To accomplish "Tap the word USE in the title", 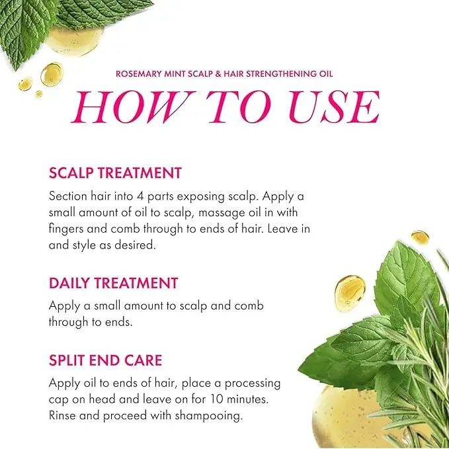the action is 334,107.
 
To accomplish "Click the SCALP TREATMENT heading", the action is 115,173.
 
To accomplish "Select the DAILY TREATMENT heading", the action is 113,283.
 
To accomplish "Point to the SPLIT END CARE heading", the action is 105,360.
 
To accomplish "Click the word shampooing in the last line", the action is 208,417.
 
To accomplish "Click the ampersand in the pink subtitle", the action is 218,74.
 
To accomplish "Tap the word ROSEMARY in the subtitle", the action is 139,74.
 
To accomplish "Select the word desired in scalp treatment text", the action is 135,245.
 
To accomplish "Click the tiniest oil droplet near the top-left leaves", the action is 38,94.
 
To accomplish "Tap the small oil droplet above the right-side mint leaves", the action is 420,237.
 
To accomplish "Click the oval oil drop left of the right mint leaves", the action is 350,294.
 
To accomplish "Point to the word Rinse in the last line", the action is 62,415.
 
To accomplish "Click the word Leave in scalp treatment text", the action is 282,229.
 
